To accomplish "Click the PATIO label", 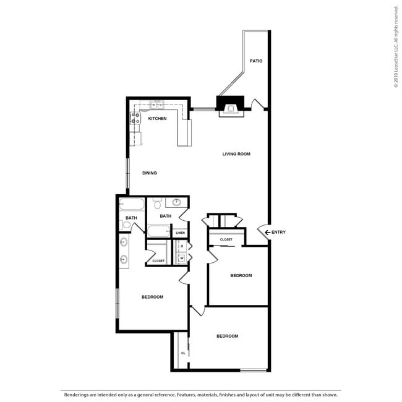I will tap(256, 61).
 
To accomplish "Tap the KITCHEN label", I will tap(157, 119).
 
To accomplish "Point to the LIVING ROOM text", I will tap(236, 154).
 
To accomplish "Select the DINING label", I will tap(149, 173).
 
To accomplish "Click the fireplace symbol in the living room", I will tap(232, 106).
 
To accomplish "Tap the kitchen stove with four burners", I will tap(135, 118).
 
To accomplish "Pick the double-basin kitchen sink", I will tap(157, 105).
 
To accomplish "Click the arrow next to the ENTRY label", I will tap(268, 233).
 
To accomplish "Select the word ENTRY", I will tap(279, 233).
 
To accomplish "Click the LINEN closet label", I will tap(180, 233).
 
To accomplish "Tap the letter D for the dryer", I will tap(182, 246).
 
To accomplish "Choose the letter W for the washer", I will tap(182, 259).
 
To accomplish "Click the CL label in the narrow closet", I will tap(183, 353).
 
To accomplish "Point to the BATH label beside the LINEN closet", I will tap(165, 216).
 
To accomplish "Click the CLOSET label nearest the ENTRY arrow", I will tap(226, 239).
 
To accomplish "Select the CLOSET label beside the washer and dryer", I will tap(158, 261).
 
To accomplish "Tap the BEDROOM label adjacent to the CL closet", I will tap(227, 336).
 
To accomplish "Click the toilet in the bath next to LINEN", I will tap(157, 203).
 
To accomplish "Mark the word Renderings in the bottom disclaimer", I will tap(75, 394).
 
